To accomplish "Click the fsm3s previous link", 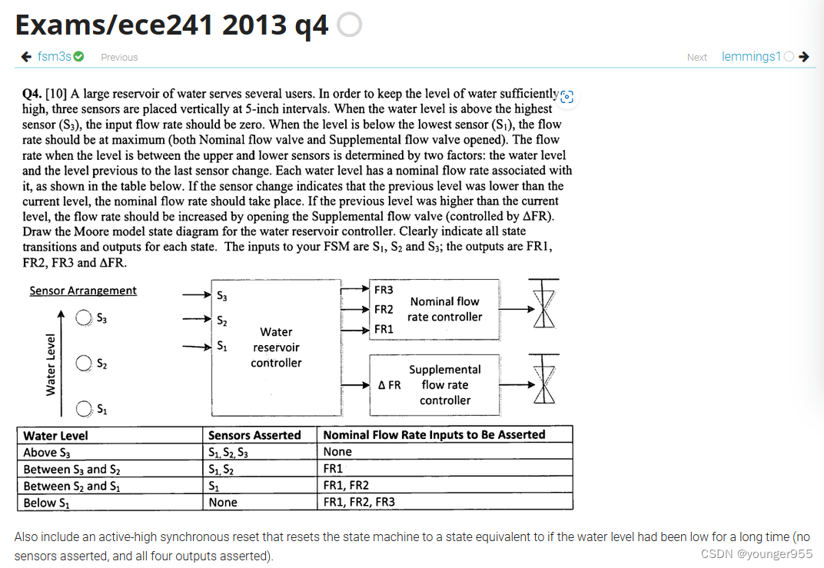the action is [x=55, y=57].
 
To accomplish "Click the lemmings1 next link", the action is [x=751, y=57].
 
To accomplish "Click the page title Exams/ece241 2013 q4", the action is [x=171, y=25].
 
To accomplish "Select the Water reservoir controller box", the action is [x=276, y=347].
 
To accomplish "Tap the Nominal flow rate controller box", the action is [x=444, y=309].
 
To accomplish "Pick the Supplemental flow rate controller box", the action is [x=444, y=384].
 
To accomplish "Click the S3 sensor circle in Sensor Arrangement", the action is [x=83, y=318].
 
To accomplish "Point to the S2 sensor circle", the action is [x=83, y=364].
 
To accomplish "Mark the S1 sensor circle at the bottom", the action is [x=83, y=408].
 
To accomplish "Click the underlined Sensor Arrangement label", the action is [x=83, y=291].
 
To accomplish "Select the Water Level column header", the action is [x=55, y=435].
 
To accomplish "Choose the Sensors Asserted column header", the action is [x=254, y=435].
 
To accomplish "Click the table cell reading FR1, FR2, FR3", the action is [x=359, y=503].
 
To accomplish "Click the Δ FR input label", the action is [x=389, y=385].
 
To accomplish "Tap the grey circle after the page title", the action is [x=349, y=26].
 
